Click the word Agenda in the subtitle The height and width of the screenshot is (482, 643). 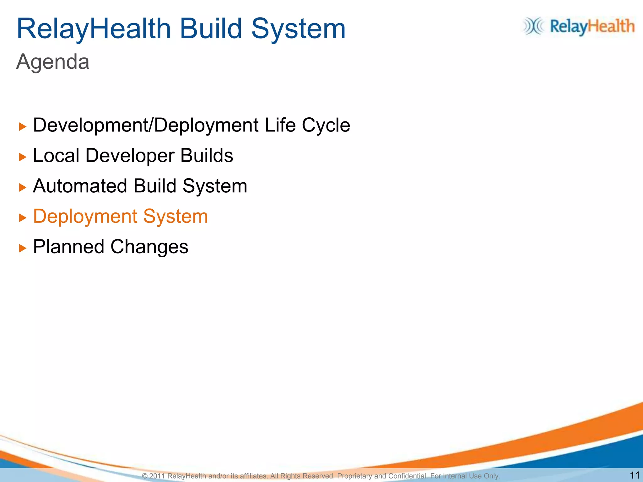53,62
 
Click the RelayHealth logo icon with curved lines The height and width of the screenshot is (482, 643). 533,26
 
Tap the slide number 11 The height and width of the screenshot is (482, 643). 635,475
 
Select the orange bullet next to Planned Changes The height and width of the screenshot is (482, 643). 22,249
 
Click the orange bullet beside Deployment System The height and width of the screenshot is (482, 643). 22,218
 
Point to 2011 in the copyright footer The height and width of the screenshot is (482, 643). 157,476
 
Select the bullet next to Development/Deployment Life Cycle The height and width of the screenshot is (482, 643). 22,127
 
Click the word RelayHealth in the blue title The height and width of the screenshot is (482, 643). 94,29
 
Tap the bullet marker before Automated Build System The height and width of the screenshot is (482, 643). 22,188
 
